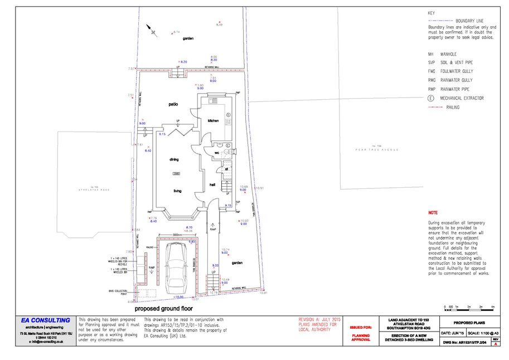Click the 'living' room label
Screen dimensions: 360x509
(x=177, y=191)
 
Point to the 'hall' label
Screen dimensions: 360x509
(x=212, y=184)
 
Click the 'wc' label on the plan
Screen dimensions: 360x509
(x=216, y=152)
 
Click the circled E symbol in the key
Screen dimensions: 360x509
(x=431, y=98)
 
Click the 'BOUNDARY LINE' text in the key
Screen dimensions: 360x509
(x=469, y=20)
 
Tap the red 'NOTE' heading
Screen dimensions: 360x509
(x=433, y=213)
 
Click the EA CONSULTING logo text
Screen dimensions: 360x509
(x=46, y=320)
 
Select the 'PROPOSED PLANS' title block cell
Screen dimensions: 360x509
(x=469, y=323)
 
